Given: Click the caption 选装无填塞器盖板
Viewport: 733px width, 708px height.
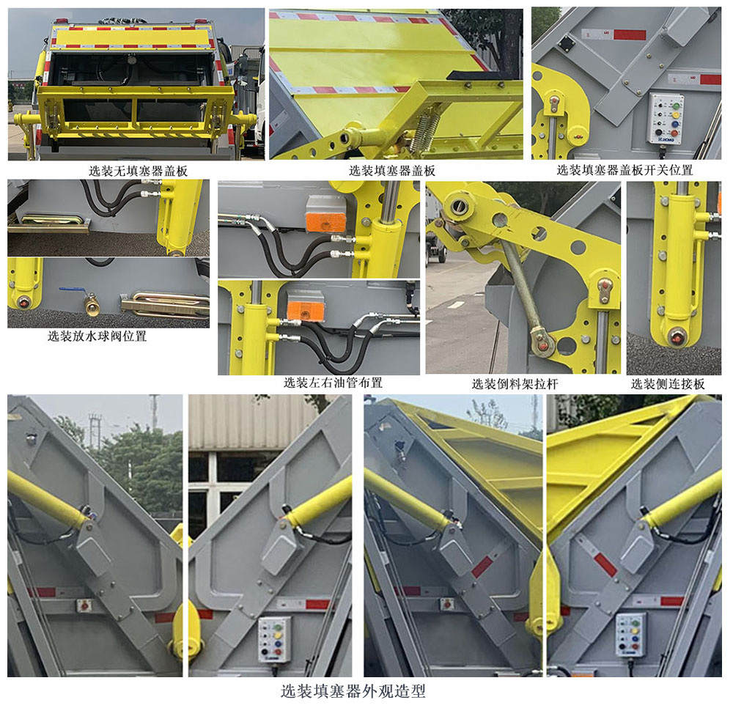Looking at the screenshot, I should [138, 171].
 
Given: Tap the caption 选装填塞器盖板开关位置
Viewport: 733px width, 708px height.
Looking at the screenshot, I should [625, 170].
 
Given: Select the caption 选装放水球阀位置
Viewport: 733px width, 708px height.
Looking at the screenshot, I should [97, 336].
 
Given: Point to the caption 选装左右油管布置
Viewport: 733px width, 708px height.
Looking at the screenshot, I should [333, 383].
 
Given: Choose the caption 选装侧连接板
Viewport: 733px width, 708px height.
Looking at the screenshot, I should [668, 383].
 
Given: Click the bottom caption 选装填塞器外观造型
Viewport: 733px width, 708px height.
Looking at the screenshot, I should [353, 690].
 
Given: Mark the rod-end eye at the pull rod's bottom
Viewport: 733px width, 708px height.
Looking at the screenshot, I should [543, 342].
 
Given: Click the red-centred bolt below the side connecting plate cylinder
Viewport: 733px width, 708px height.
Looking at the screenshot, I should [675, 337].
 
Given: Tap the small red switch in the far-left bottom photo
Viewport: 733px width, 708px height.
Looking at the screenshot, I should [82, 605].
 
